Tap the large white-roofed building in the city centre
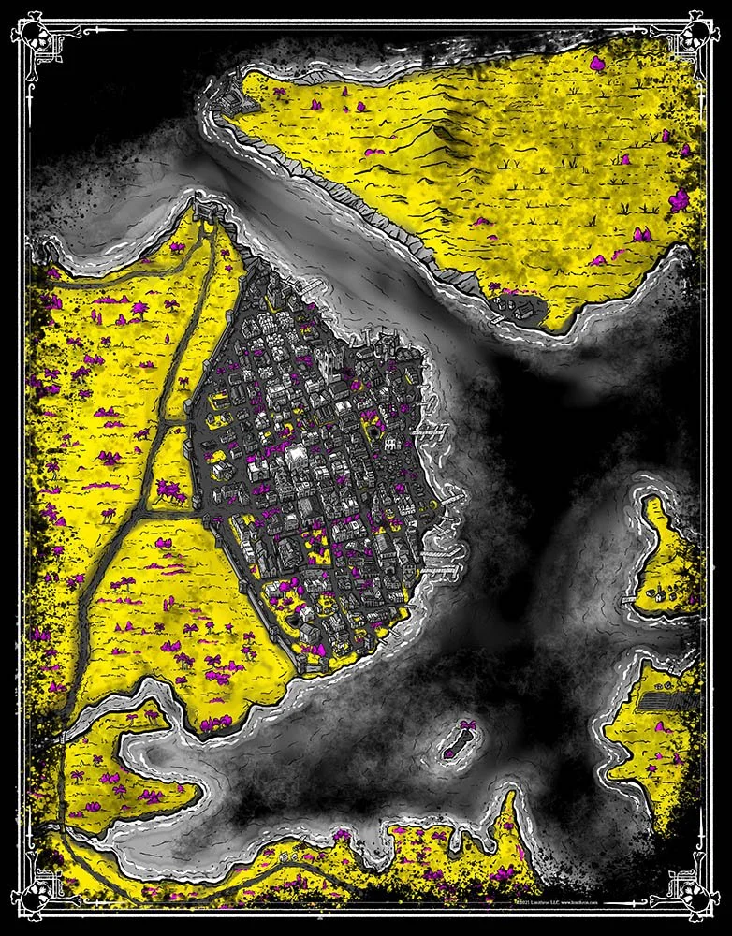pyautogui.click(x=298, y=455)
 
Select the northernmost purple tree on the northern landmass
pyautogui.click(x=596, y=63)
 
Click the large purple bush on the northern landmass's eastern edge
pyautogui.click(x=679, y=200)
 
